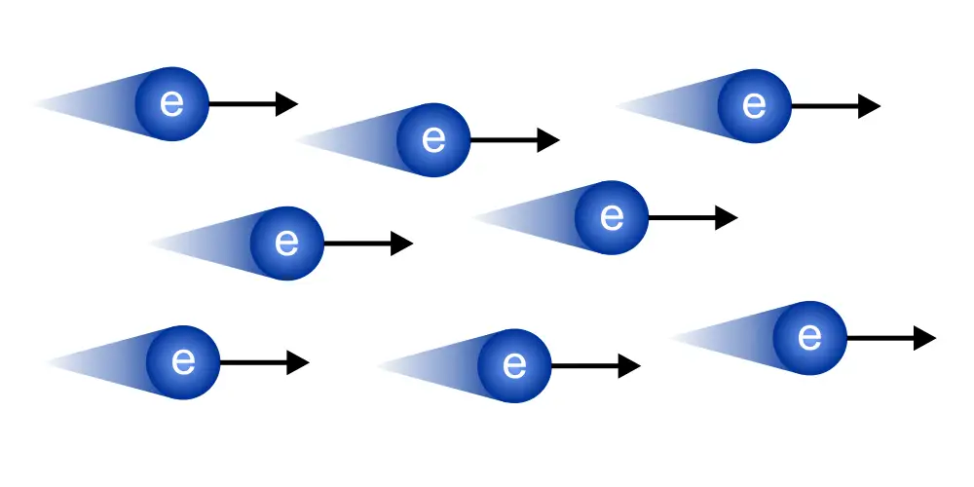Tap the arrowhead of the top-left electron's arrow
tap(286, 103)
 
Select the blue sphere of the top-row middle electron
tap(433, 139)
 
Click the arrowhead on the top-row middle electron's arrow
tap(548, 139)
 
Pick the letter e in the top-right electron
tap(754, 105)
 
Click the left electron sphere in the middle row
tap(287, 243)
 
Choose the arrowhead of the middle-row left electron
tap(402, 243)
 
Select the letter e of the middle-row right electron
tap(612, 217)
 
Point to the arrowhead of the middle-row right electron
tap(727, 217)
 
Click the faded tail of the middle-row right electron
tap(526, 216)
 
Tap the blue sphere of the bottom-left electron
tap(183, 362)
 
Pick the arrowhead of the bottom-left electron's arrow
tap(298, 362)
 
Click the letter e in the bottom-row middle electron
tap(514, 366)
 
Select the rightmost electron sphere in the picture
tap(809, 338)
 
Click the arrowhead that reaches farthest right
tap(925, 338)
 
